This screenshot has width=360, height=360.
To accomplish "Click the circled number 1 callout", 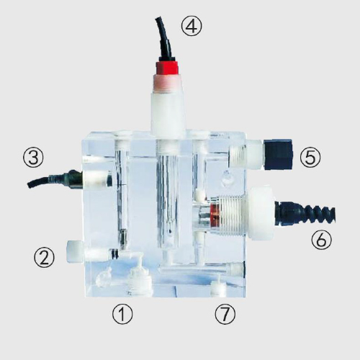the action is click(x=122, y=314).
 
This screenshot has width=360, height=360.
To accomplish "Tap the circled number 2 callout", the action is click(x=44, y=257).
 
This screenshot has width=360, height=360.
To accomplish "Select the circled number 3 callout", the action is click(x=33, y=157).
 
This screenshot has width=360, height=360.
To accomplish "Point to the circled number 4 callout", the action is click(x=192, y=26).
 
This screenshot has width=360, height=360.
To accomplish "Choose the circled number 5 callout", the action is click(x=310, y=157).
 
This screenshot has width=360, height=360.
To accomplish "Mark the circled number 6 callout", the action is click(x=321, y=240).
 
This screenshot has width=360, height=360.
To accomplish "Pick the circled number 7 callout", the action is click(x=225, y=314).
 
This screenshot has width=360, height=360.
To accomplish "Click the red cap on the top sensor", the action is click(x=167, y=68).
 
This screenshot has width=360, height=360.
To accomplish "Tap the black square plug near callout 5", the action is click(x=279, y=154).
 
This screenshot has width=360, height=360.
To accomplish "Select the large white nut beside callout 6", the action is click(x=261, y=213).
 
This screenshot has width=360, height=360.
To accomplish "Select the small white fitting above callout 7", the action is click(x=218, y=287).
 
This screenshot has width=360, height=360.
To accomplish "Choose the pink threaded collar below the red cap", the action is click(x=167, y=84).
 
